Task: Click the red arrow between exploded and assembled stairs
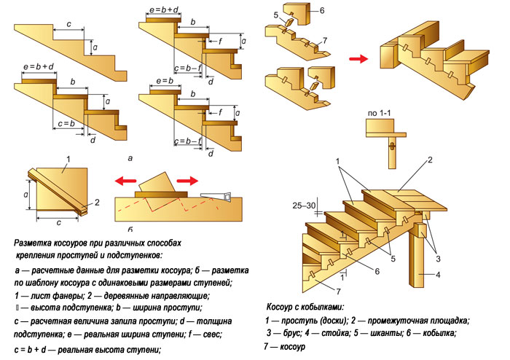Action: click(x=358, y=60)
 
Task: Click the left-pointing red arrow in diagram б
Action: click(x=124, y=181)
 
